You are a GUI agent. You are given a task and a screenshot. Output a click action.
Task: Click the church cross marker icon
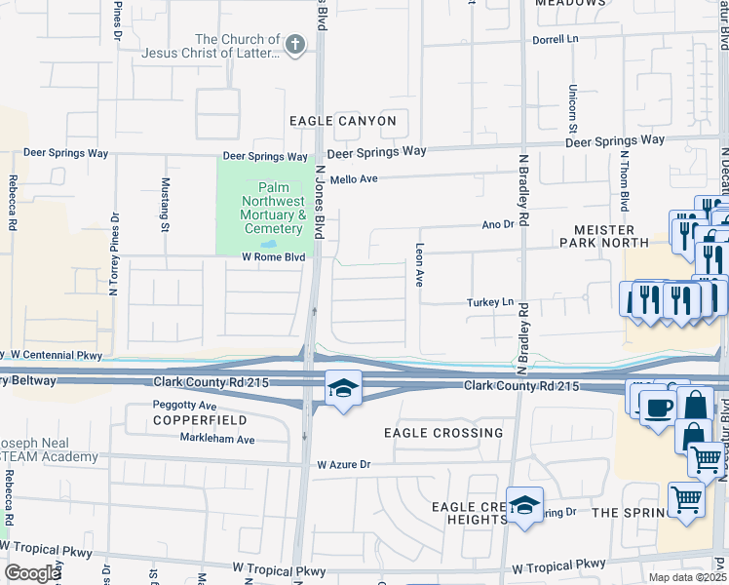[x=295, y=45]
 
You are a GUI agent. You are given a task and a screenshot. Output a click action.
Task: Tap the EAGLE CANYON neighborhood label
[x=343, y=121]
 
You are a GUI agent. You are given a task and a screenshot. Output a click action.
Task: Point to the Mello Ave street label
[x=353, y=179]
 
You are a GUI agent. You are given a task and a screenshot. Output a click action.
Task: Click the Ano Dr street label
[x=497, y=224]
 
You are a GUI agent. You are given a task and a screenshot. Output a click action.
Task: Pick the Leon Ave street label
[x=420, y=263]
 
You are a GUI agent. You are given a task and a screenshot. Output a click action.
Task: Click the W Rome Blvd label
[x=274, y=257]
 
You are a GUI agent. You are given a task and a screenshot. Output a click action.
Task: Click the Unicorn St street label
[x=572, y=102]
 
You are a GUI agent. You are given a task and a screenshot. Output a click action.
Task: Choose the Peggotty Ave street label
[x=184, y=405]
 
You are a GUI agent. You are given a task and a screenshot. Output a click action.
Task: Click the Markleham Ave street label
[x=216, y=440]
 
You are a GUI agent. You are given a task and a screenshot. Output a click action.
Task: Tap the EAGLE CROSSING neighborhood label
[x=443, y=432]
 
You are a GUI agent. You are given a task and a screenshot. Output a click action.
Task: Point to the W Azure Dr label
[x=344, y=465]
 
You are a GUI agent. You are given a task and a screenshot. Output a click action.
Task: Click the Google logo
[x=32, y=573]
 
